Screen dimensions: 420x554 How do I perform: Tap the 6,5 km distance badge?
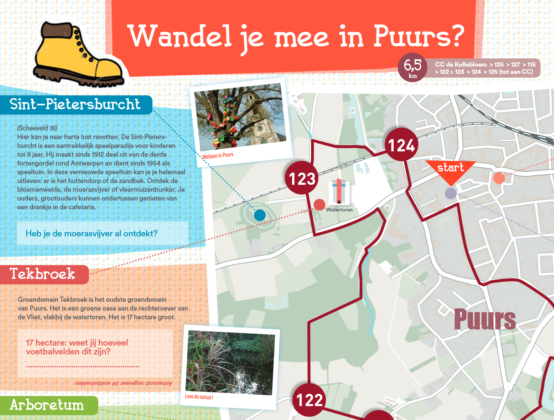[413, 67]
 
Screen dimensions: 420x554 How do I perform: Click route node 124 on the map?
[402, 145]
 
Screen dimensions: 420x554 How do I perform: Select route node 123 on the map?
[302, 178]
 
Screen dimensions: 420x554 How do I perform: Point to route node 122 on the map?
[309, 399]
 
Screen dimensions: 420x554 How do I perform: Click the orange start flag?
[450, 170]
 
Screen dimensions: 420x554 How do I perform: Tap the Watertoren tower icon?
[339, 192]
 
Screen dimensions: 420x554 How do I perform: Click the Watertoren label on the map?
[339, 210]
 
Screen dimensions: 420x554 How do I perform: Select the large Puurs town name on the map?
[485, 319]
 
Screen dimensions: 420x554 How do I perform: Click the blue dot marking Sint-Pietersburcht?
[260, 215]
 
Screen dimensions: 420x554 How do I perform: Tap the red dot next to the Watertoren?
[319, 205]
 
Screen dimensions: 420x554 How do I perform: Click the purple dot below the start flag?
[450, 194]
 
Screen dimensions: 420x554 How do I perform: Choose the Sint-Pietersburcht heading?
[75, 104]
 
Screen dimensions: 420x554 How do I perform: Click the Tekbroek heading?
[43, 274]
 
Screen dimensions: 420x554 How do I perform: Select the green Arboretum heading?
[47, 405]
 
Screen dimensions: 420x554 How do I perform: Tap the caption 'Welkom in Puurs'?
[217, 155]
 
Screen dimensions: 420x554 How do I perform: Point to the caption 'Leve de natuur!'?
[199, 397]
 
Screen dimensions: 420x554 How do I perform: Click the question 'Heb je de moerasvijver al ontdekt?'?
[91, 234]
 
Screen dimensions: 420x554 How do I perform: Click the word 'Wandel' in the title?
[180, 37]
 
